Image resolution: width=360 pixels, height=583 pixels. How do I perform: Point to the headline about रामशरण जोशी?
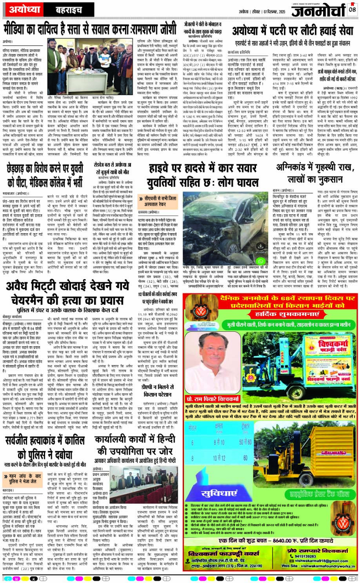(90, 30)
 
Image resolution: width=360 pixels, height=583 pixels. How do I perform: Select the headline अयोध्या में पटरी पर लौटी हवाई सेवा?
(294, 31)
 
